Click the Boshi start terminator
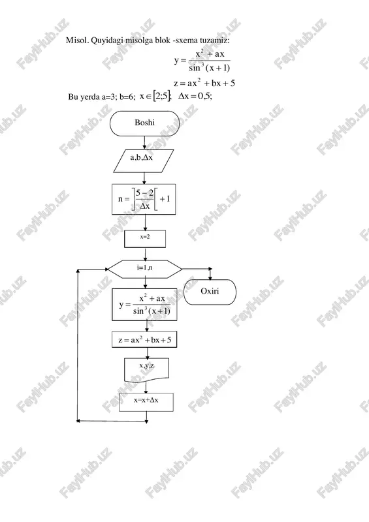[x=144, y=123]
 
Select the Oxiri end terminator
[x=210, y=292]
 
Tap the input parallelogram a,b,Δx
[x=143, y=161]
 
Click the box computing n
[x=144, y=199]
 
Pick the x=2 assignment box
[x=145, y=239]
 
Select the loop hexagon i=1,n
[x=145, y=269]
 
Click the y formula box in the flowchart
[x=144, y=305]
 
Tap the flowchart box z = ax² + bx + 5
[x=144, y=339]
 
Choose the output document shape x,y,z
[x=146, y=369]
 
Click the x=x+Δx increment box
[x=146, y=402]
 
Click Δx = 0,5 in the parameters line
[x=195, y=96]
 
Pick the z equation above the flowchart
[x=204, y=83]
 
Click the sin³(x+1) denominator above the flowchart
[x=210, y=68]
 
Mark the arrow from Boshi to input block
[x=144, y=143]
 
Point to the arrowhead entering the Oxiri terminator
[x=210, y=277]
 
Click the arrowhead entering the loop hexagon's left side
[x=106, y=269]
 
